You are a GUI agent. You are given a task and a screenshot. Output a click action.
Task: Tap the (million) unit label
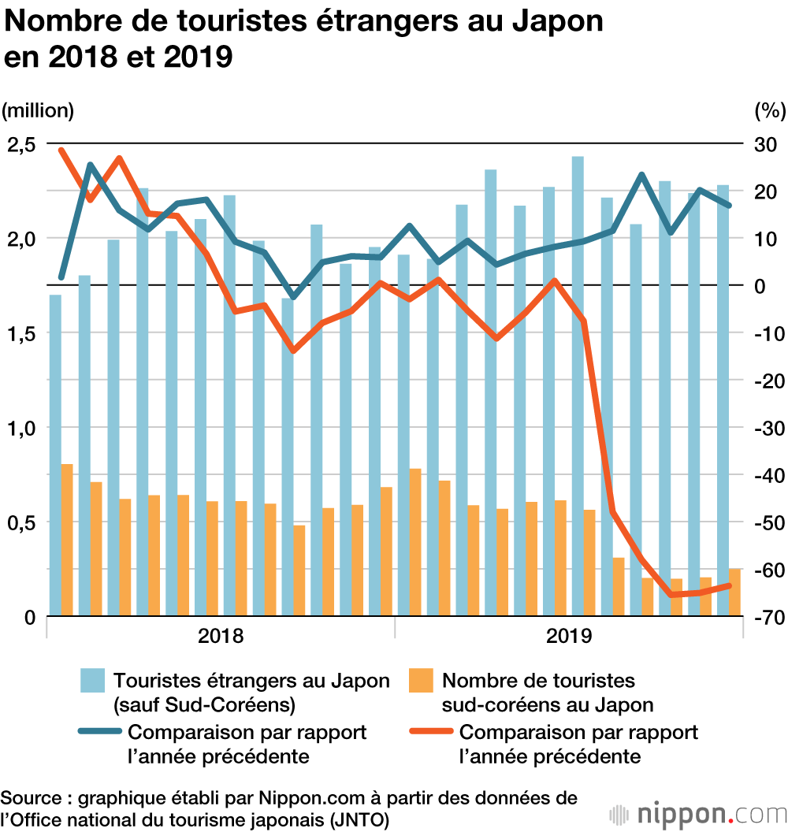click(39, 110)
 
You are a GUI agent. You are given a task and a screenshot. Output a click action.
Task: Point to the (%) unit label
click(770, 110)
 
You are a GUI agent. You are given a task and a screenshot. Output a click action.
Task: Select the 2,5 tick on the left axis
click(21, 144)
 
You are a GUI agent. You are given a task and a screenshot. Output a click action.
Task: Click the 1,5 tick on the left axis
click(21, 333)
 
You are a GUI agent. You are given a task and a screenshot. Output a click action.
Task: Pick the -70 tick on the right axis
click(767, 617)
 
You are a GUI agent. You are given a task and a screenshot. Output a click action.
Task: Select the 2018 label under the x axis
click(221, 636)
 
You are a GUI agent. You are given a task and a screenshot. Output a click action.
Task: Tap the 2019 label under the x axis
click(567, 636)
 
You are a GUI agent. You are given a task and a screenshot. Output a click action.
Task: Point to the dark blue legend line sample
click(99, 733)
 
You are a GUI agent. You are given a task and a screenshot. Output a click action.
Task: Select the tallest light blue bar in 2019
click(578, 386)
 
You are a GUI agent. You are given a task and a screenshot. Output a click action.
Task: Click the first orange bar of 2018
click(67, 540)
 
